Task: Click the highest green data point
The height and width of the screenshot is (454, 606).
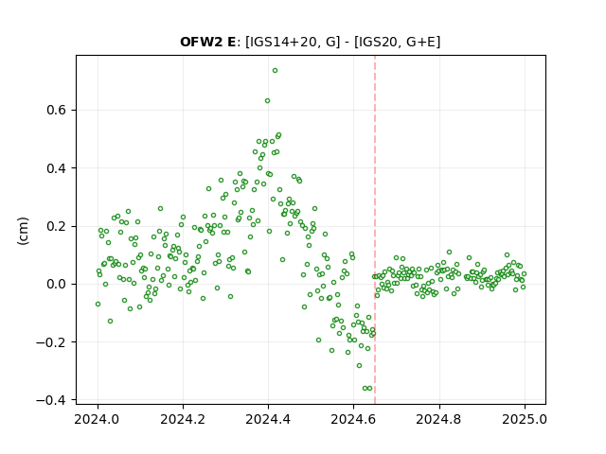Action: (x=275, y=71)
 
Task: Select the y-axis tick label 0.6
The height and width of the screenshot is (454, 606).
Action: (x=57, y=111)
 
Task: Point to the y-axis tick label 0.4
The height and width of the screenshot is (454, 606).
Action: (x=57, y=168)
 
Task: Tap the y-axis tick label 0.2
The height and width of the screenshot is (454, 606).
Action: (x=57, y=226)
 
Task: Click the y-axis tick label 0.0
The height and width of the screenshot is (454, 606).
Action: (x=57, y=284)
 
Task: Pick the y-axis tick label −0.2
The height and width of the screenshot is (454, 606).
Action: (x=51, y=342)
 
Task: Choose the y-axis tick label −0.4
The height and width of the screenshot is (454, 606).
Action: (x=51, y=400)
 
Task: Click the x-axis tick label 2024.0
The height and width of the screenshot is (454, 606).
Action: (x=98, y=419)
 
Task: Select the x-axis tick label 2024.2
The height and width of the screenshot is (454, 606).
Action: (x=183, y=419)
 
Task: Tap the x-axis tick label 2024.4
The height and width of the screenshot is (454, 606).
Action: (x=268, y=419)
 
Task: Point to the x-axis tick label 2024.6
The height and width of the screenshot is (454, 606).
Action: (x=353, y=419)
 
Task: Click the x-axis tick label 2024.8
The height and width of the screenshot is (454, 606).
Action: (x=439, y=419)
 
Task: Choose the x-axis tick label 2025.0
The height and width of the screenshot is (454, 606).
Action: (x=525, y=419)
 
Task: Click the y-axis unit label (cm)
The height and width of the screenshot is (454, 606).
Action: (x=23, y=231)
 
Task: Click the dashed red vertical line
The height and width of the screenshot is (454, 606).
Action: (x=375, y=230)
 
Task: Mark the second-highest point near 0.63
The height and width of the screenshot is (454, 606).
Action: (x=267, y=101)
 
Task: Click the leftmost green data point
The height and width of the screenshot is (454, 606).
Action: (x=98, y=305)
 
